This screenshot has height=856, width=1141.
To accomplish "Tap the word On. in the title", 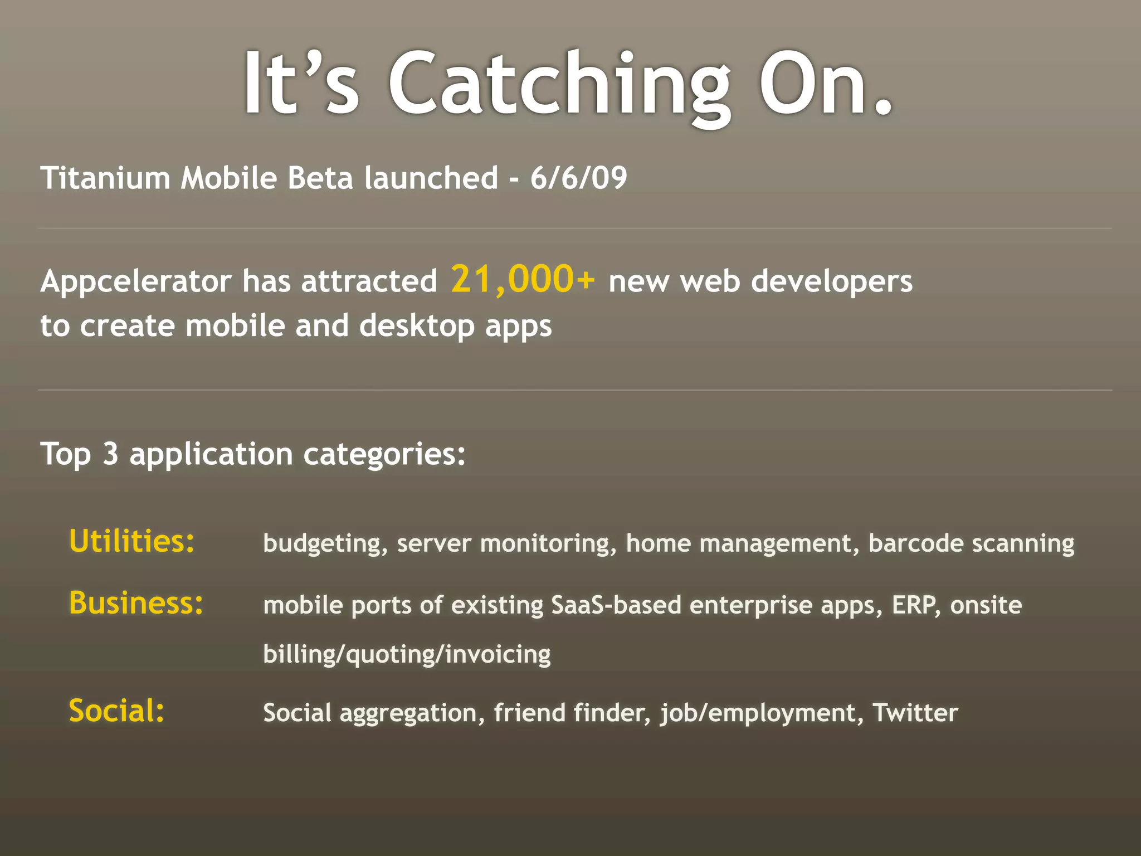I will (826, 84).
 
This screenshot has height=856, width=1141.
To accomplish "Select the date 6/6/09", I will (578, 178).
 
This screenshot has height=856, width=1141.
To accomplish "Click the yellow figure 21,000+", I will (523, 279).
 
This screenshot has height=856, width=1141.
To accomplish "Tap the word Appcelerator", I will (135, 281).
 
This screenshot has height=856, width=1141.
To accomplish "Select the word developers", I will (832, 281).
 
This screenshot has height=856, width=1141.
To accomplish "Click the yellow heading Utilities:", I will (132, 541).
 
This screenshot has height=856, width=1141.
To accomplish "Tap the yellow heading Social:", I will (116, 711).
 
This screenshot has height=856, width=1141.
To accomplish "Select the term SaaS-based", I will (616, 605).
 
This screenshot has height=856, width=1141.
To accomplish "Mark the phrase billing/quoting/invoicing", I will (407, 654).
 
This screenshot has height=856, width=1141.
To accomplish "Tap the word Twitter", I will (915, 713).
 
